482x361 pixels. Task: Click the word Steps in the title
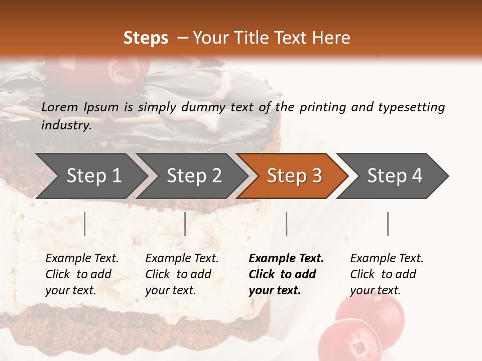(146, 38)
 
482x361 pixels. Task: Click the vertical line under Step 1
(85, 224)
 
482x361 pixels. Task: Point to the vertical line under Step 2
(185, 224)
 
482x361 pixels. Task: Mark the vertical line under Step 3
(287, 224)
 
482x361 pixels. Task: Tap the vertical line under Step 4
(388, 224)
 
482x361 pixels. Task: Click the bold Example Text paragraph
(286, 274)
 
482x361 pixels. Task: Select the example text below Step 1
(82, 274)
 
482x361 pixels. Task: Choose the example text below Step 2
(182, 274)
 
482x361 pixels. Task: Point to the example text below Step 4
(387, 274)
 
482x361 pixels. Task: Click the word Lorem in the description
(60, 107)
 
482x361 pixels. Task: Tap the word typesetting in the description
(411, 107)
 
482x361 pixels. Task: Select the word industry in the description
(66, 125)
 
